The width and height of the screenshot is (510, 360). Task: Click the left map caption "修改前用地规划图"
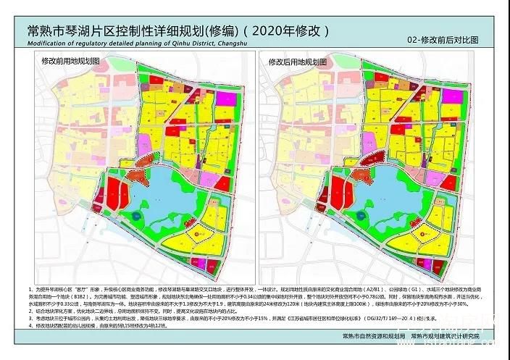[70, 62]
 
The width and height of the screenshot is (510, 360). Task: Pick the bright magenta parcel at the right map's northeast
[451, 96]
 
